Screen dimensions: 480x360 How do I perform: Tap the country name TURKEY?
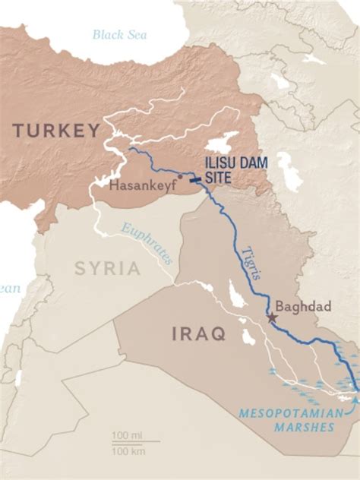[57, 131]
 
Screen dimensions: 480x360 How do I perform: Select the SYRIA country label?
[107, 268]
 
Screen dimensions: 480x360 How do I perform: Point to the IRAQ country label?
[198, 333]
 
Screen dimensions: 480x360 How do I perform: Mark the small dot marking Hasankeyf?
[180, 176]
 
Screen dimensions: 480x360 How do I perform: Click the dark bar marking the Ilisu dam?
[196, 179]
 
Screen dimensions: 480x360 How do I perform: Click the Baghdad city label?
[303, 307]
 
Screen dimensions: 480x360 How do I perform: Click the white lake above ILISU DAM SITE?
[219, 144]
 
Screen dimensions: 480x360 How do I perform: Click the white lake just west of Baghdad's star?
[245, 333]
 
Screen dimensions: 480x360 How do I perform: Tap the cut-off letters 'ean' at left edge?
[10, 288]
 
